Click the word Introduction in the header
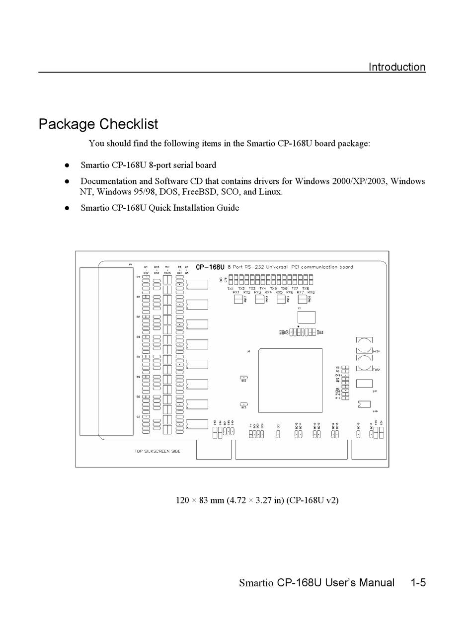click(x=396, y=67)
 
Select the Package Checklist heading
click(x=98, y=124)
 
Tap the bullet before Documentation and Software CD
click(x=66, y=181)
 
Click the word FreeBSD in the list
click(x=203, y=192)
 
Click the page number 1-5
click(x=418, y=582)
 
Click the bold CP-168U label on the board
click(x=210, y=267)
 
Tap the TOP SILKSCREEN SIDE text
click(x=157, y=451)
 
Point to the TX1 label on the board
click(x=231, y=288)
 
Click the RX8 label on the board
click(x=311, y=292)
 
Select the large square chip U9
click(x=290, y=380)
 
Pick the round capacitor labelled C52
click(x=364, y=363)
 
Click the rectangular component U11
click(x=364, y=383)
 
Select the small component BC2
click(x=243, y=378)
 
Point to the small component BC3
click(x=243, y=404)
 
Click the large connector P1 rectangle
click(x=106, y=351)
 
